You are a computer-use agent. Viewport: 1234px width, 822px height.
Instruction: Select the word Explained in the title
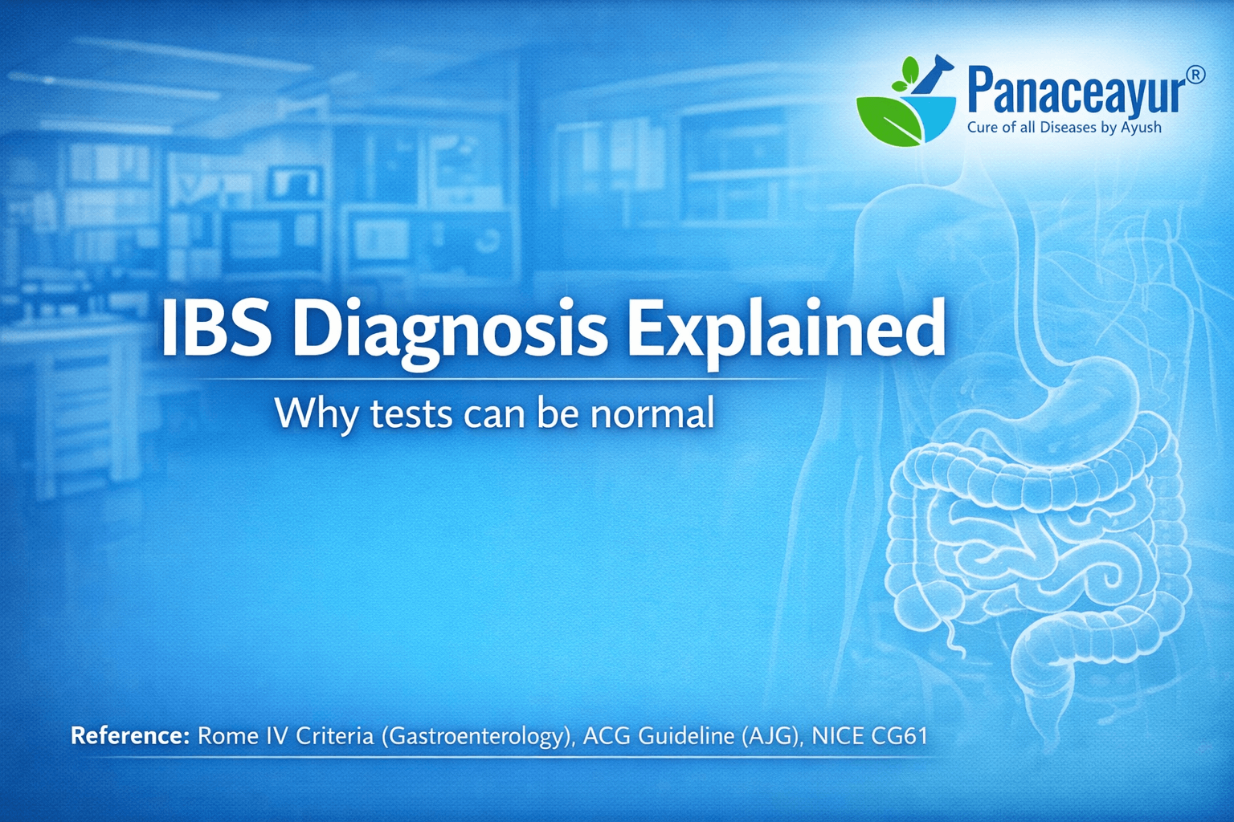pyautogui.click(x=785, y=329)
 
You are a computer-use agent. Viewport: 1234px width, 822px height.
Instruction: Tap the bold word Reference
pyautogui.click(x=129, y=735)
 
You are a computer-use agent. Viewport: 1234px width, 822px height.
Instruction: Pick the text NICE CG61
pyautogui.click(x=869, y=735)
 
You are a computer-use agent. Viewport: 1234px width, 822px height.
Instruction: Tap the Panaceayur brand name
pyautogui.click(x=1076, y=92)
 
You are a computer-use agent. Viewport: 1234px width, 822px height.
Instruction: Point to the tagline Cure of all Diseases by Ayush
pyautogui.click(x=1064, y=127)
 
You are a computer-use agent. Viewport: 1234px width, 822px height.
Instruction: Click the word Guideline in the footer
pyautogui.click(x=685, y=735)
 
